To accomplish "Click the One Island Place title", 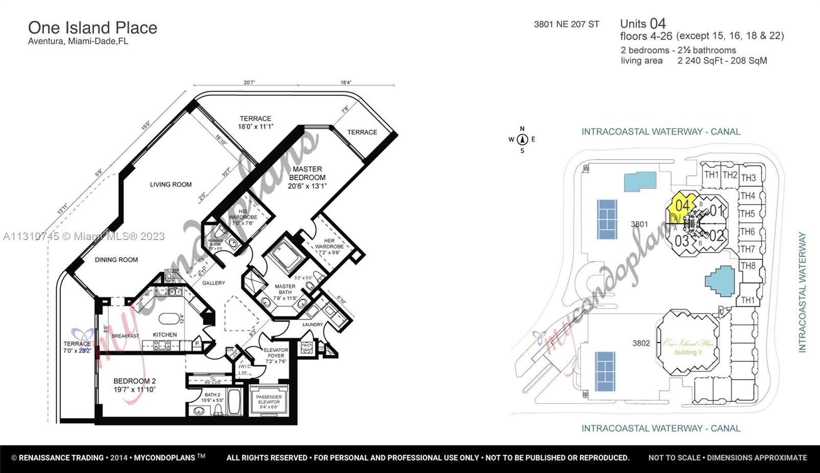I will [92, 28].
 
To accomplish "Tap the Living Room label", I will [171, 185].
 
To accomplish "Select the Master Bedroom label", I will [307, 177].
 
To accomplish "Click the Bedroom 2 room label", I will [134, 385].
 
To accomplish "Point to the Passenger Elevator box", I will [269, 401].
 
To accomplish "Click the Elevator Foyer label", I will [276, 356].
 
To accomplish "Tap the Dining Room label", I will [116, 260].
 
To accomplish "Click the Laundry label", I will [313, 324].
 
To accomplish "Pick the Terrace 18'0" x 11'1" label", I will [255, 122].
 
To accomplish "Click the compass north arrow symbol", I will [522, 139].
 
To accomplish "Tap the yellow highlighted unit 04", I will [682, 206].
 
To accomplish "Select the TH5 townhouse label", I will [747, 213].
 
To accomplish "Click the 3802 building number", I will [641, 343].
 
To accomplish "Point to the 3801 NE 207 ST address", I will [566, 24].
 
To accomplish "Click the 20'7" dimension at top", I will [249, 83].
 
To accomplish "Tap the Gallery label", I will [213, 283].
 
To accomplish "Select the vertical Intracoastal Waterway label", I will [802, 292].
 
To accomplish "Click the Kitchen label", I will [165, 334].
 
